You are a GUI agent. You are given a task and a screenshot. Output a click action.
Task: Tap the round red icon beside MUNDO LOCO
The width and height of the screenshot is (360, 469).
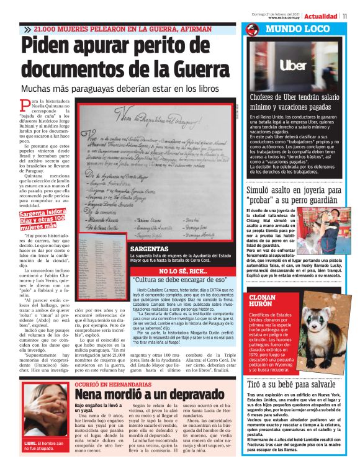pos(251,30)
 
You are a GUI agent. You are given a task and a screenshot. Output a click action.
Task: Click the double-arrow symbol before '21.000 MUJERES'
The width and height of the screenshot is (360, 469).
pos(27,29)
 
